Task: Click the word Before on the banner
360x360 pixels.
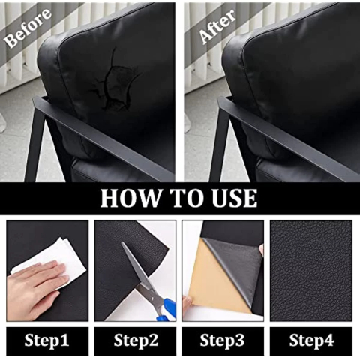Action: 28,28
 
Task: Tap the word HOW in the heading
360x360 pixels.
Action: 130,198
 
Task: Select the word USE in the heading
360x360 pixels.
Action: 234,198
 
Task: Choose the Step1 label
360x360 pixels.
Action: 46,340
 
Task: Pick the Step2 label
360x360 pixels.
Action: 136,340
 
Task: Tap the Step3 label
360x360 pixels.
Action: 222,340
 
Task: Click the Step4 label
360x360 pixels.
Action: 311,340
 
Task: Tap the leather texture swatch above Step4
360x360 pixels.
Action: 311,271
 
